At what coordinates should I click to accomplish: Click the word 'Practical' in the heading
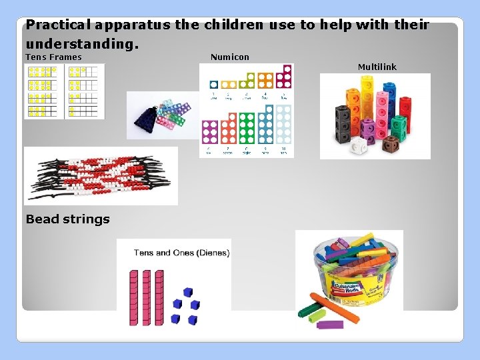(58, 26)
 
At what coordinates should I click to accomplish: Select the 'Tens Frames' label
(53, 57)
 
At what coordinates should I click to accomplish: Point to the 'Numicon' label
(229, 57)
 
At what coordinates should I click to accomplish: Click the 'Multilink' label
(377, 67)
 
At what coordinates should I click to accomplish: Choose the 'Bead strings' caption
(67, 219)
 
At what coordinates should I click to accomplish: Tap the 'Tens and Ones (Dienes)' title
(181, 253)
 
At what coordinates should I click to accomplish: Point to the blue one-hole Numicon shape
(213, 85)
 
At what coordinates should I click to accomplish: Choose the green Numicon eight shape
(247, 129)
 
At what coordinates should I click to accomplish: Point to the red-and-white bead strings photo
(101, 176)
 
